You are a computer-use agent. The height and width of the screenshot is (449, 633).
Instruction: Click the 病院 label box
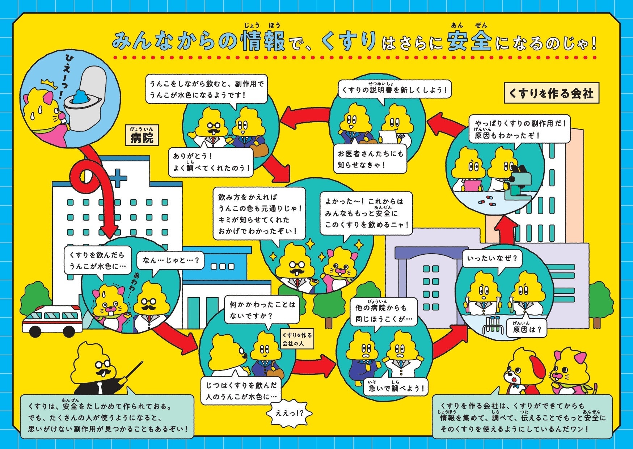tap(142, 135)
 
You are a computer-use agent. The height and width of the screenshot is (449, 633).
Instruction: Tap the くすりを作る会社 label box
tap(551, 93)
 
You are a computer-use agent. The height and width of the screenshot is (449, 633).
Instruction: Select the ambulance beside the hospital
tap(52, 320)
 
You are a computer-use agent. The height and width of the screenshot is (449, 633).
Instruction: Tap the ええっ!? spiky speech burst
tap(289, 412)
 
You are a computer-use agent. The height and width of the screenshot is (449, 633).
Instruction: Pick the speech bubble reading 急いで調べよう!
tap(396, 388)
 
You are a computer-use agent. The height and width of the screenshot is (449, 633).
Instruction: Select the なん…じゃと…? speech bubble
tap(170, 260)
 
